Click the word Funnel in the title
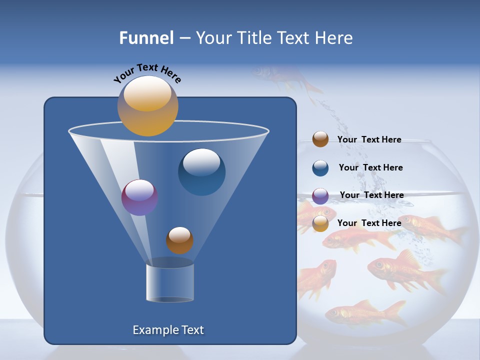point(146,38)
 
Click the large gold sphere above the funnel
point(147,106)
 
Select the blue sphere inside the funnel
point(201,171)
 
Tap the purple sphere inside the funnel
point(139,197)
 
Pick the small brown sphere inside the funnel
point(179,240)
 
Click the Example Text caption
point(168,330)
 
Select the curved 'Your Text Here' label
point(147,72)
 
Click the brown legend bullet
point(320,139)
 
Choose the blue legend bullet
point(320,168)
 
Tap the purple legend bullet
point(320,196)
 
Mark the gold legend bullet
point(320,223)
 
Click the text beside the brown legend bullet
point(369,139)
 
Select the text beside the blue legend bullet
point(370,167)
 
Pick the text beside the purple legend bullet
point(371,195)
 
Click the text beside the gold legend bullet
point(369,223)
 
